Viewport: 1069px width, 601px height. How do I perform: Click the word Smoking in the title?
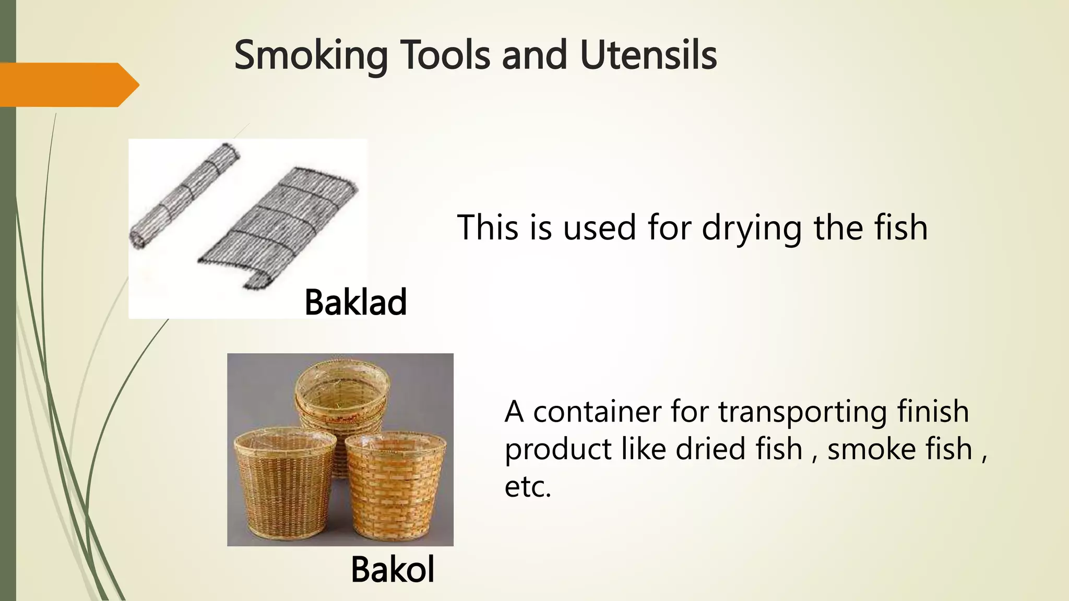311,55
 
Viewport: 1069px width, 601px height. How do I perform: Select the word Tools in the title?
444,55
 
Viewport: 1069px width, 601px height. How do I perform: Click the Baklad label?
355,302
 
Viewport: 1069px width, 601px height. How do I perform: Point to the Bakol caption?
393,569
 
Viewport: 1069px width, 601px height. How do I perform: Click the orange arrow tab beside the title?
68,85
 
